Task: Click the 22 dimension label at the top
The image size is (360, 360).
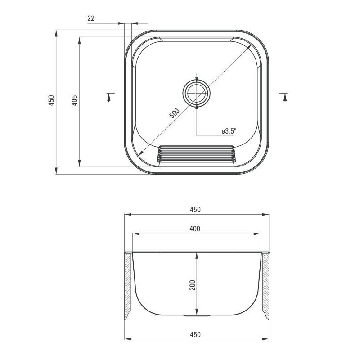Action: tap(90, 18)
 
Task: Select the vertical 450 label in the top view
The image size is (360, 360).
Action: tap(51, 100)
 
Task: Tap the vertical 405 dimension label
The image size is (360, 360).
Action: tap(75, 100)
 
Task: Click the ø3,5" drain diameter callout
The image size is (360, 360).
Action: tap(229, 131)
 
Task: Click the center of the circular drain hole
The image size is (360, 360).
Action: tap(196, 93)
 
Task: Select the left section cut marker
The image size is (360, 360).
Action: tap(109, 96)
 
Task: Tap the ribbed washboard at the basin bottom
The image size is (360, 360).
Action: tap(196, 154)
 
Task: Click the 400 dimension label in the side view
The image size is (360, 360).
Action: tap(195, 229)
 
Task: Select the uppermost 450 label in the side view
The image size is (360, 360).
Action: tap(195, 209)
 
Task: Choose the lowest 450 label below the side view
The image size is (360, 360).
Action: tap(195, 334)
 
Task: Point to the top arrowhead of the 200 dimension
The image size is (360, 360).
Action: tap(196, 255)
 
